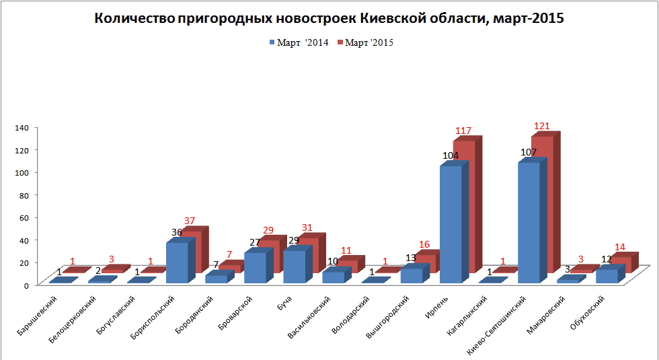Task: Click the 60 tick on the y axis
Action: pyautogui.click(x=22, y=217)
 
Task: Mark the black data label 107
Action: pyautogui.click(x=529, y=153)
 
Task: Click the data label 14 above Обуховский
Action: pyautogui.click(x=620, y=247)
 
